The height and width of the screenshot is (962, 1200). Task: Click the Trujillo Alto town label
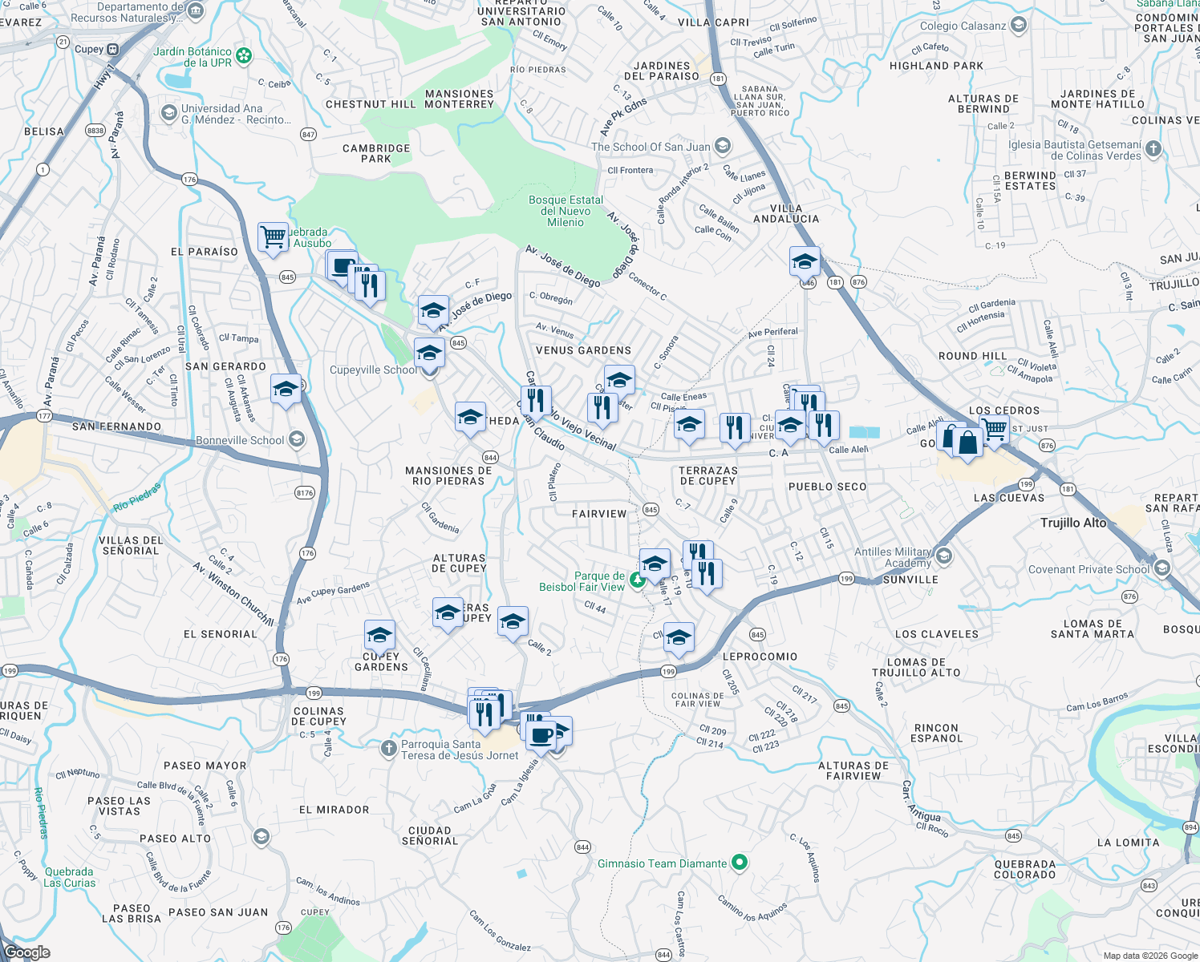[x=1073, y=523]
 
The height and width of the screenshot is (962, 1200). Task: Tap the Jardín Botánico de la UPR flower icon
[x=244, y=56]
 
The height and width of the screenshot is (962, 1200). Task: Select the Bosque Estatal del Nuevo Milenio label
[x=566, y=211]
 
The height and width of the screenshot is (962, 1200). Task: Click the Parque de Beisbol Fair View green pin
[x=638, y=580]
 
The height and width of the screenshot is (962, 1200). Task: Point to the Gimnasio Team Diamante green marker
[x=740, y=863]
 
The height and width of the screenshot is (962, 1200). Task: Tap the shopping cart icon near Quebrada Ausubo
[x=273, y=237]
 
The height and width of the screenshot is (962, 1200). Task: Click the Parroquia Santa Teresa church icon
[x=389, y=749]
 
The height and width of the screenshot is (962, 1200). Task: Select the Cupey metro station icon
[x=113, y=49]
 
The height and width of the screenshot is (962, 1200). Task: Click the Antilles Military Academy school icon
[x=943, y=556]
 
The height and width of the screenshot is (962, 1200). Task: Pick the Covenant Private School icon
[x=1162, y=568]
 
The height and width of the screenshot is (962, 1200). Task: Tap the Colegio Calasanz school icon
[x=1019, y=26]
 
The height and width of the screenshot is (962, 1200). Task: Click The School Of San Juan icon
[x=723, y=146]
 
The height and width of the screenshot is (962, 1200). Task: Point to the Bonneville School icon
[x=297, y=439]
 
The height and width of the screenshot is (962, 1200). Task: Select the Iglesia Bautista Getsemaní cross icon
[x=1153, y=148]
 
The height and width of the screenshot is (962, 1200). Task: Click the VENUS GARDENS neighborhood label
[x=583, y=350]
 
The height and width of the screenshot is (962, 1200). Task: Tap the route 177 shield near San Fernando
[x=44, y=416]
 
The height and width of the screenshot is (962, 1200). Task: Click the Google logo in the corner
[x=26, y=952]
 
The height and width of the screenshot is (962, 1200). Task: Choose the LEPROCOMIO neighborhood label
[x=760, y=657]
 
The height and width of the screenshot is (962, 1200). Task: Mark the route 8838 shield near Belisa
[x=95, y=130]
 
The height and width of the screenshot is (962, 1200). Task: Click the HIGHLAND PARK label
[x=936, y=66]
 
